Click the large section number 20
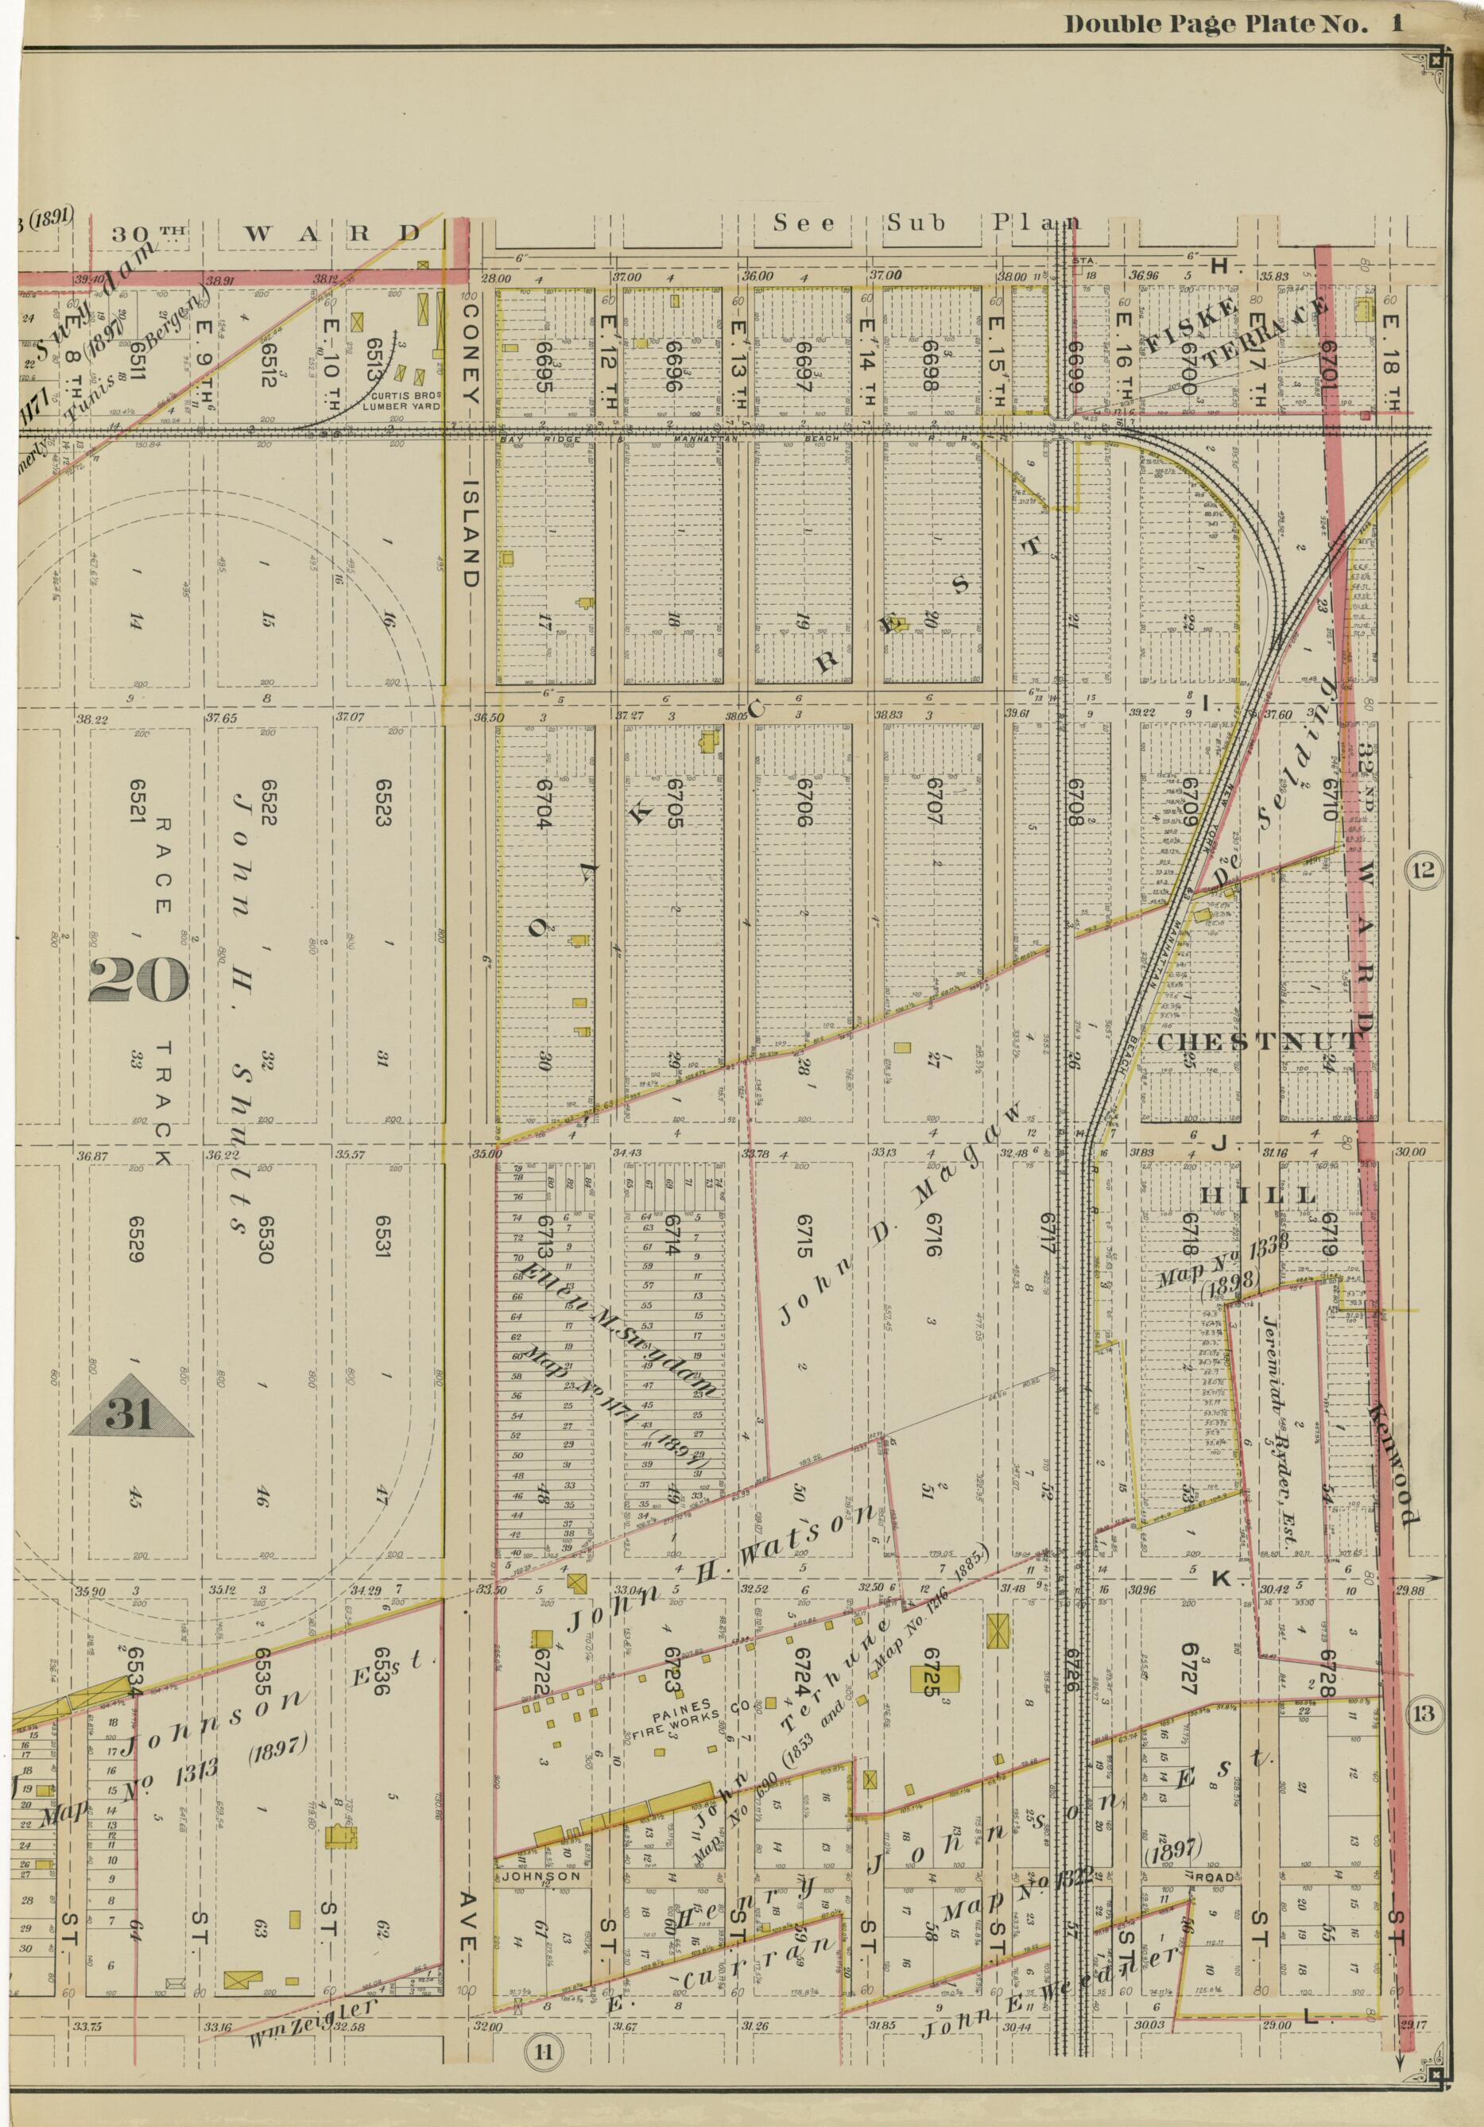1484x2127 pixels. point(139,980)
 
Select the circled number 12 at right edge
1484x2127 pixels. point(1423,870)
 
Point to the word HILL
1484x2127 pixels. point(1259,1196)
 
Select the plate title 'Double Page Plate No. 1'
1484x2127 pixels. point(1233,25)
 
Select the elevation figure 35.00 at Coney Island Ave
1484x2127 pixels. point(486,1154)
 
